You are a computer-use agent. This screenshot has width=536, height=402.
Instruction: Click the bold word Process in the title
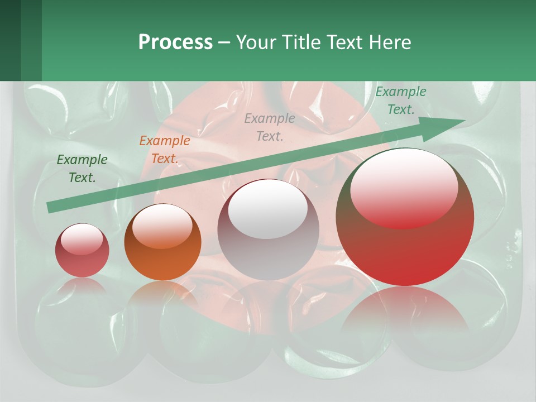point(175,42)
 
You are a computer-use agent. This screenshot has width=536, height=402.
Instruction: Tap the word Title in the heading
point(303,42)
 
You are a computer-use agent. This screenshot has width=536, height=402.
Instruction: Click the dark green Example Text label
point(82,169)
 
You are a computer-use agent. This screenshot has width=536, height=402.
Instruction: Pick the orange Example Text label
point(164,150)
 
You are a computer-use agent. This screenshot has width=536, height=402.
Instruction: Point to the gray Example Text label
point(270,127)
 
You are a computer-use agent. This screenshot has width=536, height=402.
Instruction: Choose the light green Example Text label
point(400,100)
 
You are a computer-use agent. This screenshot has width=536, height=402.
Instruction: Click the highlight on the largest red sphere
point(404,187)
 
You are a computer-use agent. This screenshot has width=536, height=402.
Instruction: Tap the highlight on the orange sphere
point(162,226)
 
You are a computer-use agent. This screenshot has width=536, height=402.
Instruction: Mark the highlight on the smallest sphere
point(82,238)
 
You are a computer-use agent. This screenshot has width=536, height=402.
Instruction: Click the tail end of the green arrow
point(51,207)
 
